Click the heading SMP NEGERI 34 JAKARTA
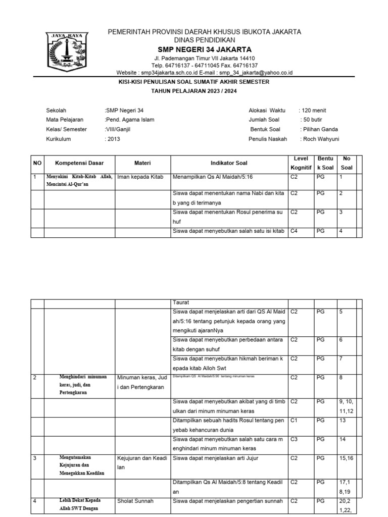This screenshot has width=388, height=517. pyautogui.click(x=205, y=49)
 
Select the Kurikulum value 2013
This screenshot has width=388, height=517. pyautogui.click(x=114, y=139)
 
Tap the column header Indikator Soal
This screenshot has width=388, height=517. pyautogui.click(x=229, y=163)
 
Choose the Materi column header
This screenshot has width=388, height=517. pyautogui.click(x=142, y=163)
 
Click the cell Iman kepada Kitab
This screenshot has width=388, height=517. pyautogui.click(x=140, y=177)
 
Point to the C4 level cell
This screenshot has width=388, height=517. pyautogui.click(x=295, y=231)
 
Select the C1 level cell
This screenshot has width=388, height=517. pyautogui.click(x=295, y=420)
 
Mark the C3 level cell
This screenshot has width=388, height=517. pyautogui.click(x=295, y=439)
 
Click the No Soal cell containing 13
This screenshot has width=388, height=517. pyautogui.click(x=344, y=420)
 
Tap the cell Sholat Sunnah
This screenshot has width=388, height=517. pyautogui.click(x=135, y=501)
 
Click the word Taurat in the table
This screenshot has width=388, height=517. pyautogui.click(x=181, y=302)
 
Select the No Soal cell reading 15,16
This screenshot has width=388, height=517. pyautogui.click(x=346, y=458)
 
